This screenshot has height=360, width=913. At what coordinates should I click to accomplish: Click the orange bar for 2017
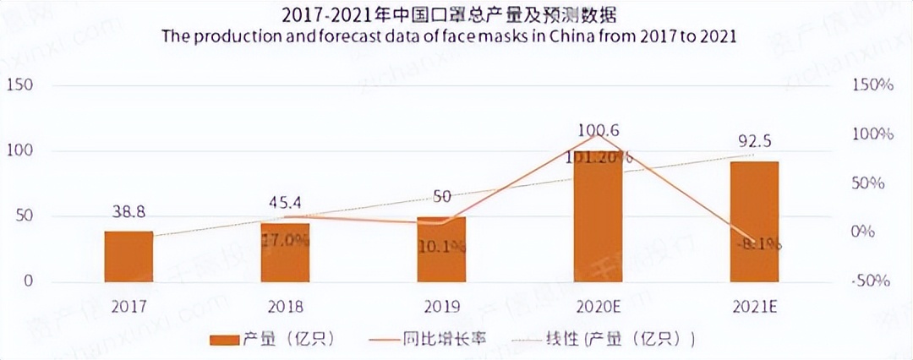coord(128,256)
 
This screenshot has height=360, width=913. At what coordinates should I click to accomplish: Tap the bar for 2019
coord(441,249)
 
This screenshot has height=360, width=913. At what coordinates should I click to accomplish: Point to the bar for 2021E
coord(754,221)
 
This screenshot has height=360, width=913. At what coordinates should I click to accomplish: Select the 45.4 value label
coord(285,204)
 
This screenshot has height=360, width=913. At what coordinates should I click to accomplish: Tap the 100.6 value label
coord(599,130)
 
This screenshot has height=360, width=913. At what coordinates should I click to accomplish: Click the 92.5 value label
coord(754,141)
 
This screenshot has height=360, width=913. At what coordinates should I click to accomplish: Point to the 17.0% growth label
coord(285,239)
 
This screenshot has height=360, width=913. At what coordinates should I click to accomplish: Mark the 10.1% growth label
coord(441,247)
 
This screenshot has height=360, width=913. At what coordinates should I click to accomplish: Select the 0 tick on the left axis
coord(29,281)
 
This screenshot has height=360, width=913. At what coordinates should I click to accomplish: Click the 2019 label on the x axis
coord(441,307)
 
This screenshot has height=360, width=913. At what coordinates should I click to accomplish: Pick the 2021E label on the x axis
coord(754,307)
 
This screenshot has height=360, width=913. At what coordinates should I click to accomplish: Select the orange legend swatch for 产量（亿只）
coord(224,339)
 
